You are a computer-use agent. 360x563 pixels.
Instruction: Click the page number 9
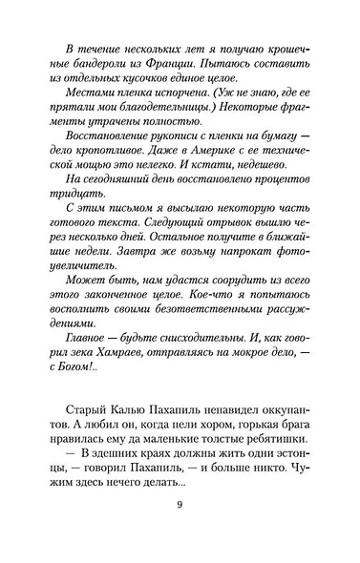pos(180,535)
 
